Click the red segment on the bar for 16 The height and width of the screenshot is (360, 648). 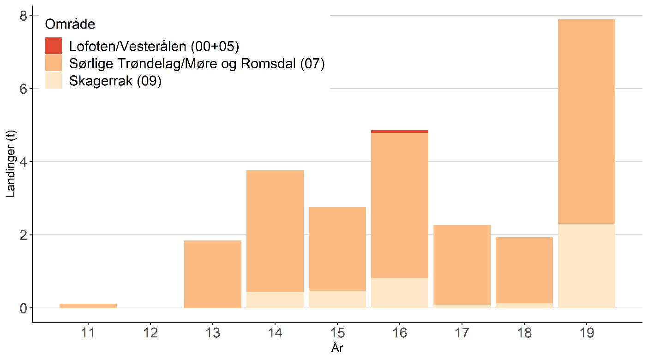(x=400, y=132)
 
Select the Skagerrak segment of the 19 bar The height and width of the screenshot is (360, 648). (x=587, y=265)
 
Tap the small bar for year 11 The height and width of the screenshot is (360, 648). (x=88, y=306)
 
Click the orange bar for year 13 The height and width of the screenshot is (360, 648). (x=213, y=274)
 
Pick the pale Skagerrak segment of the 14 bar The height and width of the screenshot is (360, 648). (x=275, y=300)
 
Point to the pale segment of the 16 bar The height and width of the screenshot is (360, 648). (x=400, y=293)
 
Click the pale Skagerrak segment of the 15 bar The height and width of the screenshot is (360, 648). (x=337, y=299)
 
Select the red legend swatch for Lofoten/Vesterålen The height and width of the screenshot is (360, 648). (x=54, y=46)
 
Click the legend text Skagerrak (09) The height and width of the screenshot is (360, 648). (x=115, y=81)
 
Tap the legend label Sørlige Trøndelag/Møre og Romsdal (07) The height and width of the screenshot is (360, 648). (x=197, y=64)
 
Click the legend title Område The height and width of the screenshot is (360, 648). (x=70, y=24)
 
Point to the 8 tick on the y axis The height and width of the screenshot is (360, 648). (x=22, y=16)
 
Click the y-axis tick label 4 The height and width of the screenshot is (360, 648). (x=22, y=162)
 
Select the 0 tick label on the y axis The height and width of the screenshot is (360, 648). (x=22, y=308)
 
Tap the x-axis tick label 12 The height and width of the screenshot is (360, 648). (x=150, y=333)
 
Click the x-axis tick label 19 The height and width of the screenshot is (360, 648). (x=587, y=333)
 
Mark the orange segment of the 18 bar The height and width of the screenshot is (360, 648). (x=524, y=270)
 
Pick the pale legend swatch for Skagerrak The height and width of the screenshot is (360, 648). (x=54, y=80)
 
